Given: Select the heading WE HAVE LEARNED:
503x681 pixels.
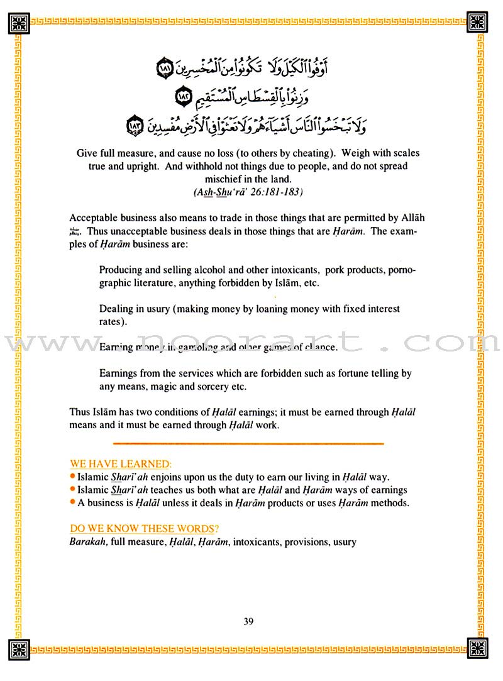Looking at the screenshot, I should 119,464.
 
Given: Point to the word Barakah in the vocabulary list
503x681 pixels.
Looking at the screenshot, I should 88,541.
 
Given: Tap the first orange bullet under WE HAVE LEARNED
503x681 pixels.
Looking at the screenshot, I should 73,477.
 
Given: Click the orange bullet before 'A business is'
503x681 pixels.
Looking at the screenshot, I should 73,502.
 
